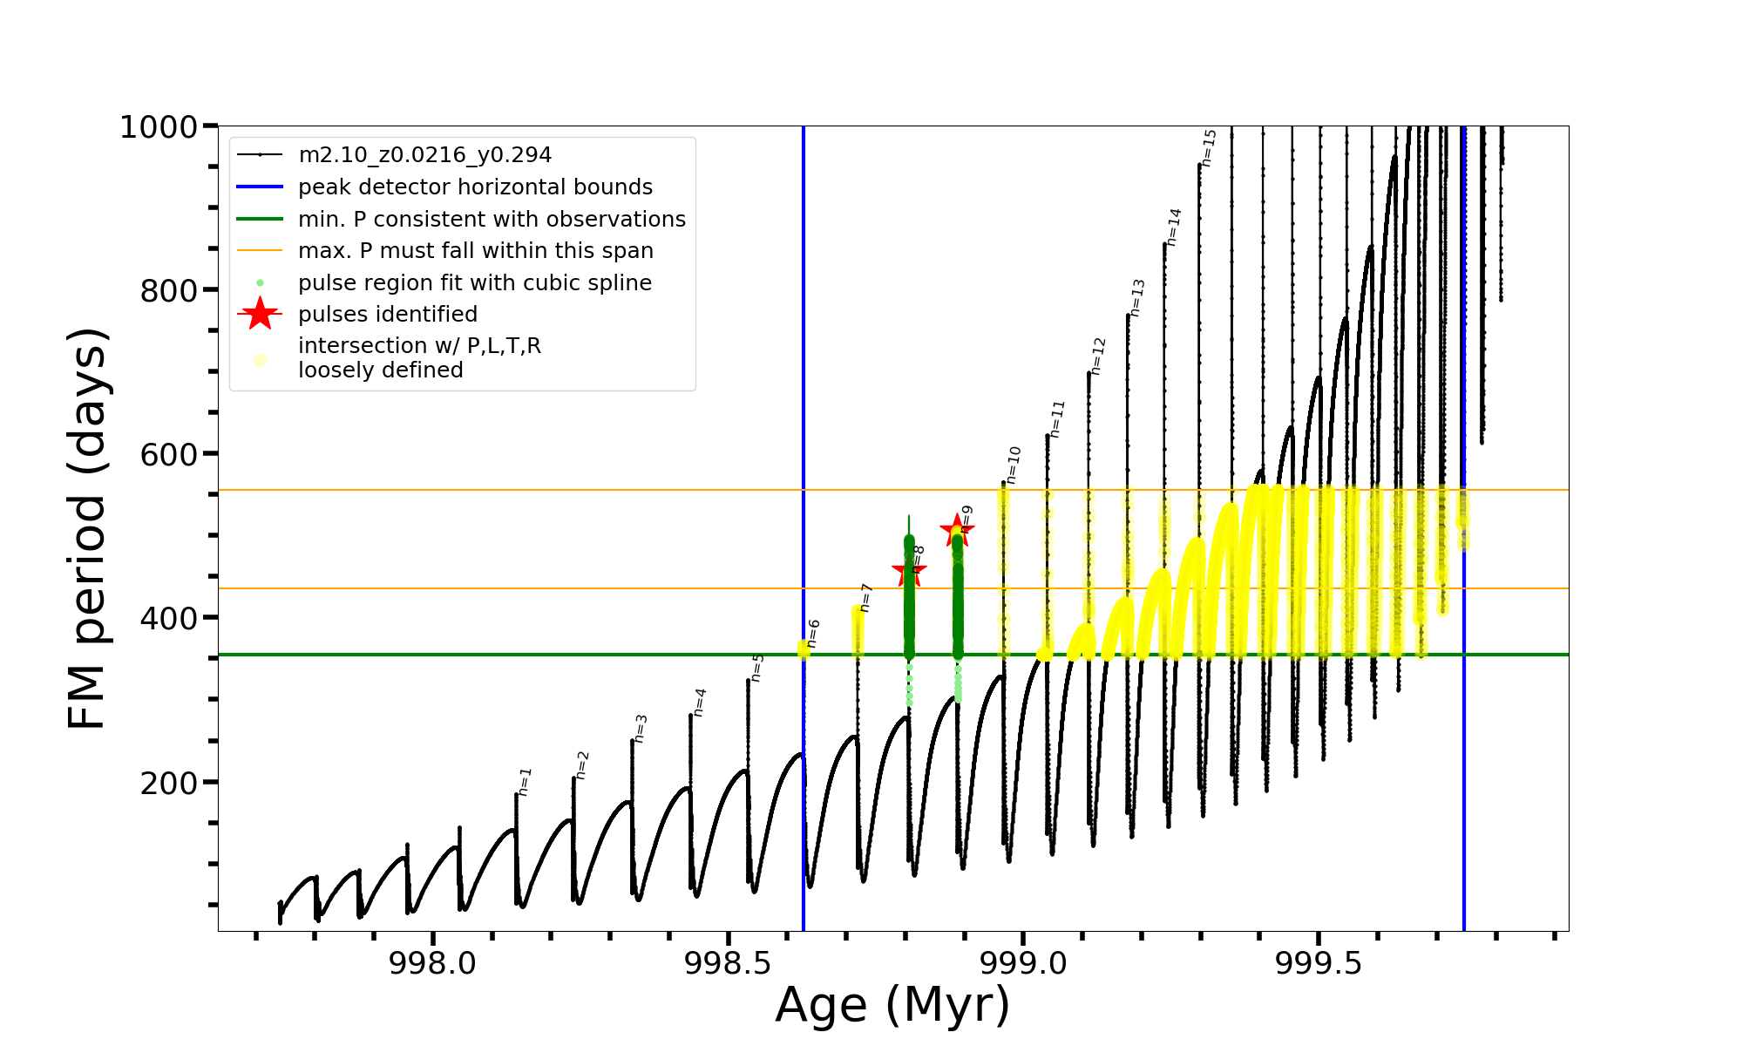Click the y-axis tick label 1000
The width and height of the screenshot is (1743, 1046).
click(x=159, y=127)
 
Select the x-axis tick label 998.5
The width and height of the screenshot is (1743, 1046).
click(x=728, y=963)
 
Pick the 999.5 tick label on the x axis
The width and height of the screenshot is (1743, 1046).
click(x=1319, y=963)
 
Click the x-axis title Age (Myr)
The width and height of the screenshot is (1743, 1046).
click(x=892, y=1005)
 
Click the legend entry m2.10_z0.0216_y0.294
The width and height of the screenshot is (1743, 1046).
click(x=424, y=155)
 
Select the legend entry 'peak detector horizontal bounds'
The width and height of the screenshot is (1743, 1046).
click(x=475, y=187)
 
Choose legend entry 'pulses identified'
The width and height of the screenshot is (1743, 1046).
click(x=388, y=315)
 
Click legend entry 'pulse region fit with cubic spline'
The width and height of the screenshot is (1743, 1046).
click(x=475, y=283)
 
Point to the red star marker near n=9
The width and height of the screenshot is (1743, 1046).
click(x=957, y=529)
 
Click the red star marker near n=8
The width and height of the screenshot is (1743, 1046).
click(x=909, y=572)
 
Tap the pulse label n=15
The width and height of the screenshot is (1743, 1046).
click(x=1209, y=147)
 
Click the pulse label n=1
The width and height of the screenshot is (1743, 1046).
click(x=525, y=782)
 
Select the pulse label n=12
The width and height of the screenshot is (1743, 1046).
click(x=1098, y=356)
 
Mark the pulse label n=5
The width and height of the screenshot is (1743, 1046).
click(x=757, y=668)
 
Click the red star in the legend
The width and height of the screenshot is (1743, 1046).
click(x=260, y=315)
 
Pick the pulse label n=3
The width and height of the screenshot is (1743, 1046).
click(x=641, y=729)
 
